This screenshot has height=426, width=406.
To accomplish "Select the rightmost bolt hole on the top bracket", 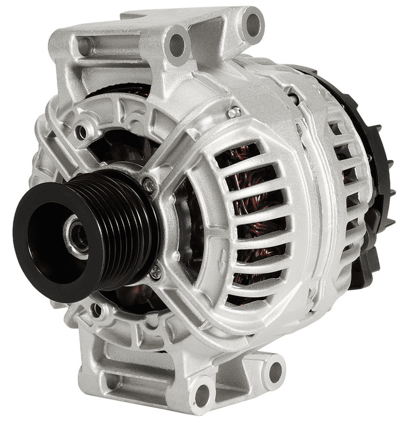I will click(254, 24).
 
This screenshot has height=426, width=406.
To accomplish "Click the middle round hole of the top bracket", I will click(177, 44).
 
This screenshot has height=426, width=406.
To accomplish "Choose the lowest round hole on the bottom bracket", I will click(202, 394).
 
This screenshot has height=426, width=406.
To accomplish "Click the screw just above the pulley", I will click(149, 184).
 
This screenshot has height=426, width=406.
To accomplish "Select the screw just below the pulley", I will click(155, 271).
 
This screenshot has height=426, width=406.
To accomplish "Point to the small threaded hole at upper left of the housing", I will click(81, 132).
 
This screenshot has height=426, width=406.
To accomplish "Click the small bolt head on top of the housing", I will click(234, 112).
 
